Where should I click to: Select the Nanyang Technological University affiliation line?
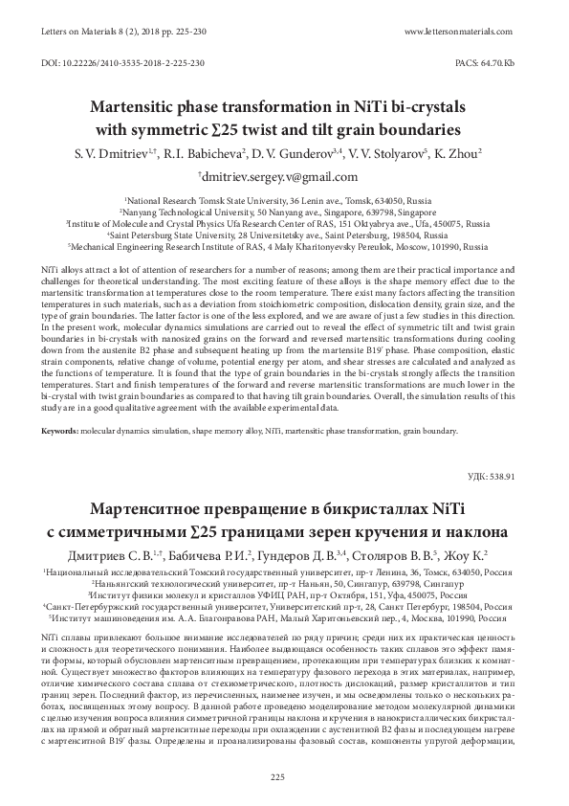click(283, 210)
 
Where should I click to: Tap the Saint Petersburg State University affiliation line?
click(283, 233)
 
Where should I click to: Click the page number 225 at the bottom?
click(284, 776)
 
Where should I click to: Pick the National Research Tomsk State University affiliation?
click(283, 198)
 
